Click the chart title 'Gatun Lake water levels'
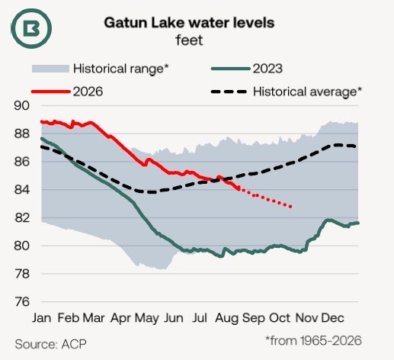point(189,23)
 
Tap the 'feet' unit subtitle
point(189,40)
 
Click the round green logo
point(31,28)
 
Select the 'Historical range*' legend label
point(121,69)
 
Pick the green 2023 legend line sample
point(230,69)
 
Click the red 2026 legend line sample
point(50,92)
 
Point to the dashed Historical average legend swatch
point(229,92)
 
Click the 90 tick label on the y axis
point(22,106)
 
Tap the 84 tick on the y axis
point(22,190)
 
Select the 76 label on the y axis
point(22,302)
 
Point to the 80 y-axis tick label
point(22,246)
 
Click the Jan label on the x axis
point(42,318)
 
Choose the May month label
point(147,319)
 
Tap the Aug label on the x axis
point(227,319)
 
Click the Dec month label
point(333,318)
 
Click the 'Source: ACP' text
point(50,344)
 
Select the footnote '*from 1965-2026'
point(313,341)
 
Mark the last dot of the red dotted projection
point(290,207)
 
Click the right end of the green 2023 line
point(358,223)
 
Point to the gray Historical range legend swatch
point(50,69)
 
